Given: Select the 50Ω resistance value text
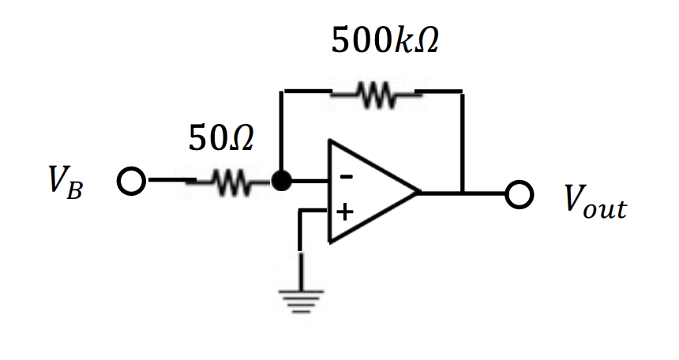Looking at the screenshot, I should [x=221, y=140].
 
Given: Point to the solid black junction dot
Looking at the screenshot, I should [x=281, y=182].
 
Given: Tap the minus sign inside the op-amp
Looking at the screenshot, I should [x=345, y=177].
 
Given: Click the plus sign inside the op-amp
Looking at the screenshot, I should [x=345, y=212].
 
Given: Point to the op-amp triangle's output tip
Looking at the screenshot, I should [x=418, y=193].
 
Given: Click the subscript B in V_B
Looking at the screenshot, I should [x=73, y=191].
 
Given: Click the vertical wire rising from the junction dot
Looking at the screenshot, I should [x=281, y=134].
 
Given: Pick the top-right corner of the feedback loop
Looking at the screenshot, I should [x=462, y=92].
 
